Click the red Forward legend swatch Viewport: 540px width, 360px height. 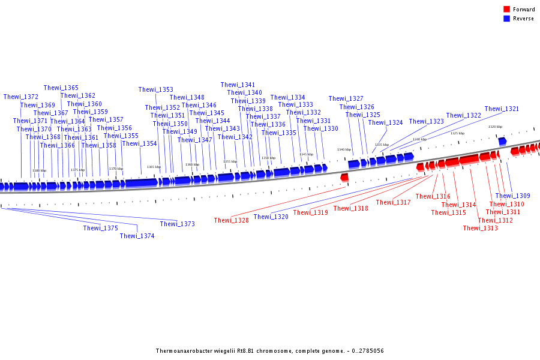coord(506,9)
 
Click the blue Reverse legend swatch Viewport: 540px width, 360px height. coord(506,19)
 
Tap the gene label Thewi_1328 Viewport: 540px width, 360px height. coord(231,221)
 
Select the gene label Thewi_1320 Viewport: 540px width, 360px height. coord(271,217)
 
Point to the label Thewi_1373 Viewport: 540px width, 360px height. coord(177,224)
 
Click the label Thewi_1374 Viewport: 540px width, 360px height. coord(137,236)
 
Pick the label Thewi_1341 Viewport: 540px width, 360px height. coord(238,85)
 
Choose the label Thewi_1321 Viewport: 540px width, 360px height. coord(502,109)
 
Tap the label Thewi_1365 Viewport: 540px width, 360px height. coord(61,88)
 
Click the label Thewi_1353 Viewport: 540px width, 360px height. coord(155,89)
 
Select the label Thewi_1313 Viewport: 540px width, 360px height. coord(480,228)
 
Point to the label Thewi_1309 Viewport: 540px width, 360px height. coord(512,196)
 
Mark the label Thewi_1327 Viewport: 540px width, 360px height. coord(346,98)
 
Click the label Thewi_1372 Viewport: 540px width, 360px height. coord(20,97)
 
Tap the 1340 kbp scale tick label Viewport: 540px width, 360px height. coord(344,149)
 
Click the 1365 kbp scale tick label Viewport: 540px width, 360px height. coord(154,167)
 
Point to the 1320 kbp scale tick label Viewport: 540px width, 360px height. coord(495,127)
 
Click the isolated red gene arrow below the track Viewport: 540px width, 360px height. coord(344,178)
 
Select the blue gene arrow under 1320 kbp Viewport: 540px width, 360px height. coord(502,141)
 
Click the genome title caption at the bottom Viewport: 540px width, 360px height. coord(269,351)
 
